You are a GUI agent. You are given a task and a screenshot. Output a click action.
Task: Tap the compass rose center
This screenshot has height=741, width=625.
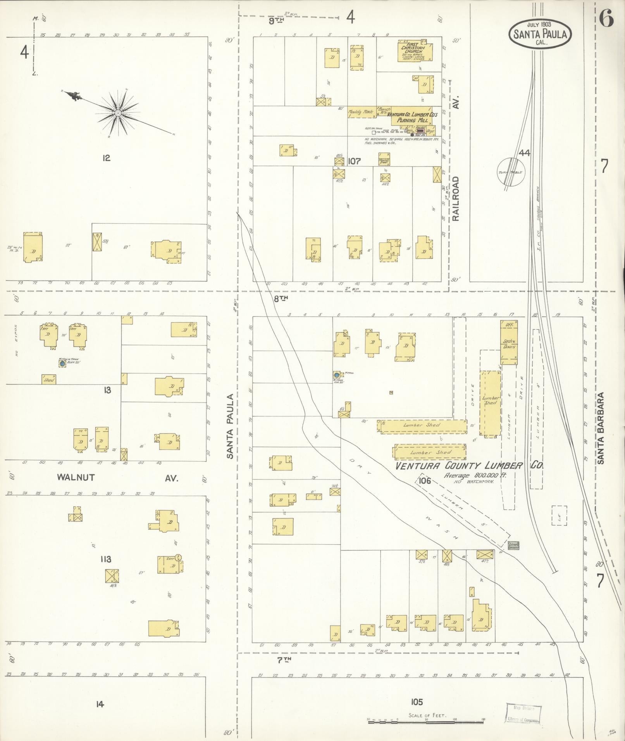(x=117, y=113)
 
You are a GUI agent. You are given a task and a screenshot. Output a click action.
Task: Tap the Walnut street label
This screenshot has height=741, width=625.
(x=76, y=477)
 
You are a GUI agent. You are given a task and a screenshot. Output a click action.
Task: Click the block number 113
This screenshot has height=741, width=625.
(x=105, y=559)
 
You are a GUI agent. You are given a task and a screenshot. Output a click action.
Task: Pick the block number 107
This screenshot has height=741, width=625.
(x=354, y=161)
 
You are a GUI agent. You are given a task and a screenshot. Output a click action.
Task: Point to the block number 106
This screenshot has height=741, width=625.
(x=425, y=481)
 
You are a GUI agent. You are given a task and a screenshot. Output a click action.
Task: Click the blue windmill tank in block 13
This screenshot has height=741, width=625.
(x=62, y=364)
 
